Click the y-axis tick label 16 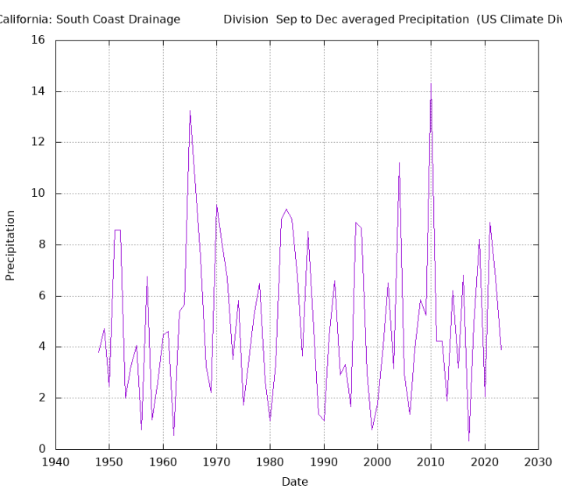pos(39,40)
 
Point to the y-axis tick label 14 pos(39,91)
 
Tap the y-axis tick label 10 pos(39,194)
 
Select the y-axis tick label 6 pos(42,296)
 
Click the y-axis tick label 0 pos(42,449)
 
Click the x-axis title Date pos(295,482)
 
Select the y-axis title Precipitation pos(11,245)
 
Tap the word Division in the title pos(246,19)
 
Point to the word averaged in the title pos(354,19)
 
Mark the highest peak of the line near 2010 pos(430,84)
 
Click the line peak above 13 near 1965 pos(190,111)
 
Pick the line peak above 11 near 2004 pos(399,162)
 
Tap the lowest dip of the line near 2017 pos(468,441)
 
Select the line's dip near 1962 pos(173,435)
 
